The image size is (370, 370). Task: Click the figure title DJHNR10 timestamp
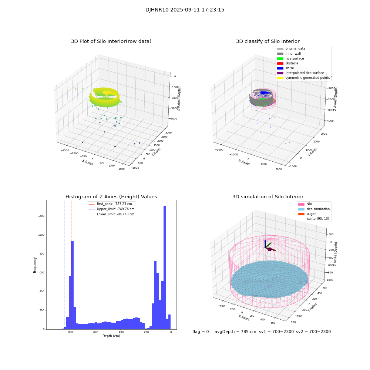[185, 10]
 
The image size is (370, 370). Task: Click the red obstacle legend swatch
[280, 63]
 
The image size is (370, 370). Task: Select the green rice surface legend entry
[295, 58]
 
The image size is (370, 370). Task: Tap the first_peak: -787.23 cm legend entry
[114, 204]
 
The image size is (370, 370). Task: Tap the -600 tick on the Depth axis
[95, 332]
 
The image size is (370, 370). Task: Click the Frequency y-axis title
[35, 265]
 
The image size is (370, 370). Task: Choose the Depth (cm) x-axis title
[111, 336]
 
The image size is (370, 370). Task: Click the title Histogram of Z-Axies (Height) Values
[111, 197]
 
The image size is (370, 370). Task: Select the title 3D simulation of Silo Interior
[268, 197]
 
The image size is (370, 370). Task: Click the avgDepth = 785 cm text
[235, 332]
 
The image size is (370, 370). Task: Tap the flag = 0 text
[201, 332]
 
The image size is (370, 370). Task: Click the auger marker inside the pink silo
[270, 249]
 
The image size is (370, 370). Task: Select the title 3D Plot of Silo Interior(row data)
[111, 41]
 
